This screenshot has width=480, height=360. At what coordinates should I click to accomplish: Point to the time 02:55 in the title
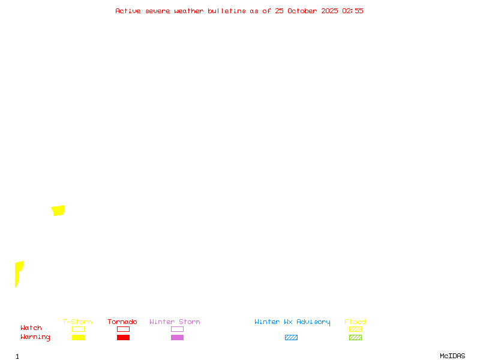(x=353, y=11)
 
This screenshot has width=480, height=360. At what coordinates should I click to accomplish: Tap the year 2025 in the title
(x=329, y=11)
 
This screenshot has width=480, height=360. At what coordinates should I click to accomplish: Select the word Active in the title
(x=128, y=11)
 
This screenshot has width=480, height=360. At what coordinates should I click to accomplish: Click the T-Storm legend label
(x=77, y=322)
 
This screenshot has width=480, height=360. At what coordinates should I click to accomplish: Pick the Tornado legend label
(x=122, y=322)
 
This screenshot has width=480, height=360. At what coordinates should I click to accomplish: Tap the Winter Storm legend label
(x=175, y=322)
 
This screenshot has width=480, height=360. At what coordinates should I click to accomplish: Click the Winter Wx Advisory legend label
(x=292, y=322)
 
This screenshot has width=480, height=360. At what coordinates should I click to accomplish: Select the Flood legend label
(x=355, y=322)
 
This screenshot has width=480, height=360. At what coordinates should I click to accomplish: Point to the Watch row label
(x=31, y=328)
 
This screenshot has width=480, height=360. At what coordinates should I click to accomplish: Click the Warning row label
(x=35, y=337)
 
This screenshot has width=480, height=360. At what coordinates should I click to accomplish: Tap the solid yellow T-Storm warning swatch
(x=78, y=337)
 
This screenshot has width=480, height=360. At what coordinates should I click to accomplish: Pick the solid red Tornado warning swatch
(x=123, y=337)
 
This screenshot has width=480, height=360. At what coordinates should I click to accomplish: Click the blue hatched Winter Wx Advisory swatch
(x=291, y=337)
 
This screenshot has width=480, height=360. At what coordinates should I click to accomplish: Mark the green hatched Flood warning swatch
(x=355, y=337)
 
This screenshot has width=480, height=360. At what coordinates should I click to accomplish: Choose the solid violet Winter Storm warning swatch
(x=177, y=337)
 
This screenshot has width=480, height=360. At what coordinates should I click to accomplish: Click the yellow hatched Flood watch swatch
(x=355, y=329)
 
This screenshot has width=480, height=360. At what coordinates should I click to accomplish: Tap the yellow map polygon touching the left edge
(x=18, y=271)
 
